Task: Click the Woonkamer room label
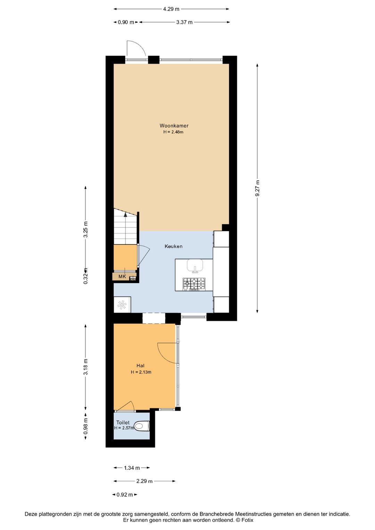point(174,126)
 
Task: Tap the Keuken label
point(173,246)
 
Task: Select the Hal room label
point(140,366)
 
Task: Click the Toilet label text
point(123,422)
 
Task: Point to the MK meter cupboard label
point(122,276)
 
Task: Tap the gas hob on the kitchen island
point(194,284)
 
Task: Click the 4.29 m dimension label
point(171,9)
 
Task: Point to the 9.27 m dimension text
point(258,188)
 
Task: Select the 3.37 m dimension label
point(184,22)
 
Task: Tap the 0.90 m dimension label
point(126,22)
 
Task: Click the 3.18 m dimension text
point(86,367)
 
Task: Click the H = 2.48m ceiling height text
point(173,132)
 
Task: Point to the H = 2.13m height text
point(141,372)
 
